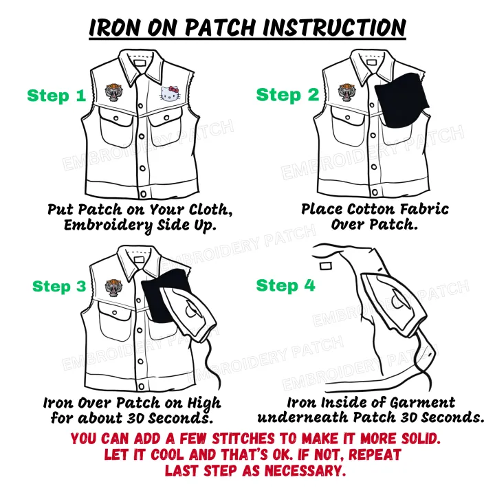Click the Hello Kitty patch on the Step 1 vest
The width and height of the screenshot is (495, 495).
click(170, 93)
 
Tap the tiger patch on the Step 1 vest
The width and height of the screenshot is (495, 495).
click(113, 93)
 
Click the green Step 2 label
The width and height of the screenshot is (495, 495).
click(287, 95)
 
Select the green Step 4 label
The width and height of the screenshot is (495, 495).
click(286, 285)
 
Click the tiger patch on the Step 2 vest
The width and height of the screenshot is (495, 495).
click(346, 93)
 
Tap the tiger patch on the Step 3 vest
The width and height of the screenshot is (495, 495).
click(113, 287)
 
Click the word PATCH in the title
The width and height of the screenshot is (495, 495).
click(220, 27)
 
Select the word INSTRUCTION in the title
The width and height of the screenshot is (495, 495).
click(334, 27)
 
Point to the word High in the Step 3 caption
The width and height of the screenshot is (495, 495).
click(204, 404)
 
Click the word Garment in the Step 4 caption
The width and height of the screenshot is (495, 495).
click(422, 403)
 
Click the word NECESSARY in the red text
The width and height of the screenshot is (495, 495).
click(305, 471)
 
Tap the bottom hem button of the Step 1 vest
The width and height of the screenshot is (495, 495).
click(143, 194)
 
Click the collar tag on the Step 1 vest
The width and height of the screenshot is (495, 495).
click(139, 63)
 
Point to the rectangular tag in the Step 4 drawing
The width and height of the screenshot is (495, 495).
click(325, 266)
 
